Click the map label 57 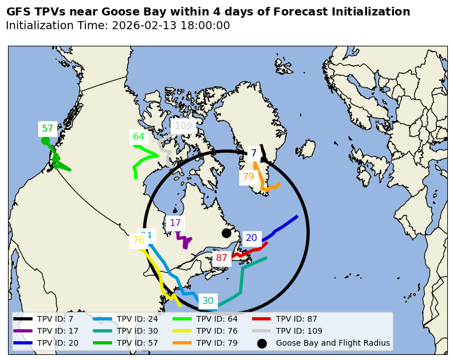(48, 129)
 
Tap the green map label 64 (139, 136)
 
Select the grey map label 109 (183, 126)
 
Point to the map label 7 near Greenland (254, 153)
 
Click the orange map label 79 (249, 177)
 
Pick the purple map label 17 (175, 223)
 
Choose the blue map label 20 (251, 238)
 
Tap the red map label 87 (222, 258)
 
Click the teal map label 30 (208, 301)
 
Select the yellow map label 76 (139, 240)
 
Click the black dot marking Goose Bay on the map (226, 233)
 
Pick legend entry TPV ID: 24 (137, 319)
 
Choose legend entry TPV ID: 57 (137, 343)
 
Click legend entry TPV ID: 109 (299, 331)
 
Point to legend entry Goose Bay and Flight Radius (333, 343)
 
